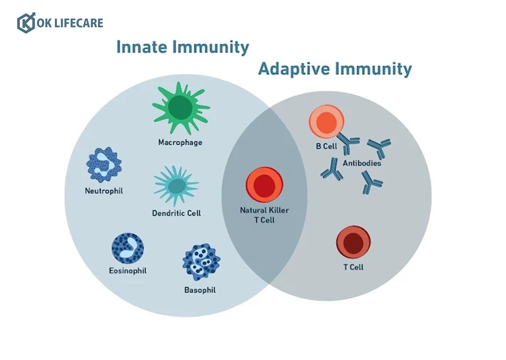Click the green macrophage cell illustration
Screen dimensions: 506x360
[x=180, y=108]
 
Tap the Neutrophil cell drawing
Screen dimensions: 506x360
[x=104, y=165]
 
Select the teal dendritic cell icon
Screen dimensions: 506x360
[x=176, y=186]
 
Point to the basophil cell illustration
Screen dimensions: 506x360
[x=201, y=262]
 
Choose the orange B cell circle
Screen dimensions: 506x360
[x=326, y=122]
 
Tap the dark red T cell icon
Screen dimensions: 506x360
[x=353, y=242]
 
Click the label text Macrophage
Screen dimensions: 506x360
[x=180, y=143]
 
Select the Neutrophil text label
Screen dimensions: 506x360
[x=104, y=191]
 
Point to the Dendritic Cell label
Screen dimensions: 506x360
[x=176, y=213]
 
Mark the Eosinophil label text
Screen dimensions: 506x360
[x=128, y=271]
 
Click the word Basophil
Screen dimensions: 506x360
[x=200, y=290]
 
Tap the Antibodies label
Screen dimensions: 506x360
[x=362, y=163]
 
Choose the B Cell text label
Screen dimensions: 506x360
[x=326, y=146]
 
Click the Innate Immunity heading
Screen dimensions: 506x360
[x=183, y=47]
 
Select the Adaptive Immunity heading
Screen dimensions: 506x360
[x=335, y=69]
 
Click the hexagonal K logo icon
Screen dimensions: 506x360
[x=26, y=22]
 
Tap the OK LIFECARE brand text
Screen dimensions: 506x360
[x=70, y=23]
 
